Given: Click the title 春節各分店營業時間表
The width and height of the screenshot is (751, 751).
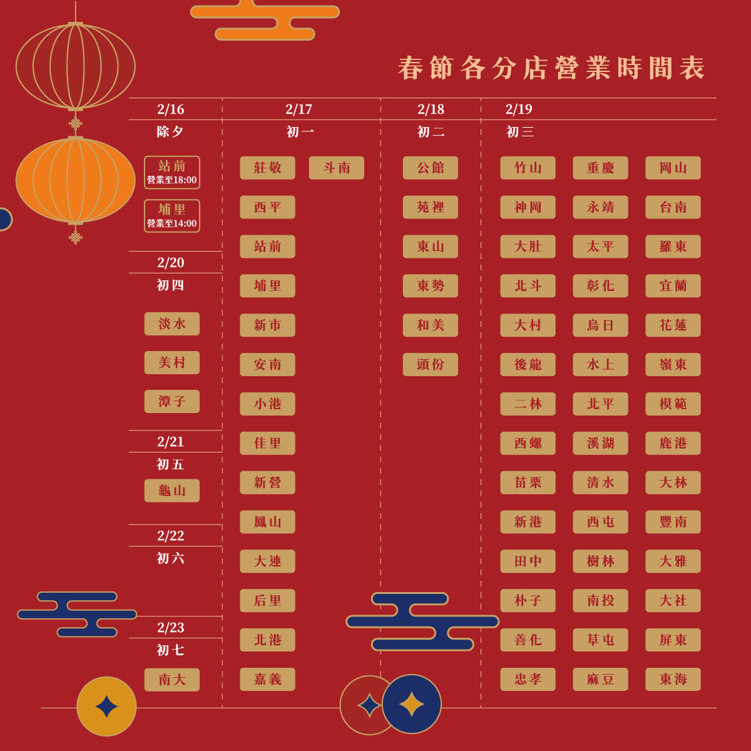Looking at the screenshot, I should pyautogui.click(x=551, y=68).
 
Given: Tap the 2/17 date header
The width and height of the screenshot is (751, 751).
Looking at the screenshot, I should pyautogui.click(x=299, y=110).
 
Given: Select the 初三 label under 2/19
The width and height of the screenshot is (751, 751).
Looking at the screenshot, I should pyautogui.click(x=520, y=132).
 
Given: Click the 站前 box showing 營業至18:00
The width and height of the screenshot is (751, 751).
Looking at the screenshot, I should pyautogui.click(x=172, y=172).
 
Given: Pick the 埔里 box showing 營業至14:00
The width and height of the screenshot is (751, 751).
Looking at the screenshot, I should pyautogui.click(x=172, y=215).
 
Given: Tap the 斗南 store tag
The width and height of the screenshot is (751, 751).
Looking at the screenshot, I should pyautogui.click(x=337, y=168).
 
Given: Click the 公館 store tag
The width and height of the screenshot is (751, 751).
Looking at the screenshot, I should pyautogui.click(x=431, y=168).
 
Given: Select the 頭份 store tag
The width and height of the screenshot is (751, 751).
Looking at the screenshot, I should pyautogui.click(x=431, y=364).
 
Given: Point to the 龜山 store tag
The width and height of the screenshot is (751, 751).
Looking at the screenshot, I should pyautogui.click(x=172, y=491).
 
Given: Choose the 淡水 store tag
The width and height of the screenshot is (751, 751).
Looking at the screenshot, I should pyautogui.click(x=172, y=324).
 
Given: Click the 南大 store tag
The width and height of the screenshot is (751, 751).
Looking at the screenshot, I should pyautogui.click(x=172, y=680).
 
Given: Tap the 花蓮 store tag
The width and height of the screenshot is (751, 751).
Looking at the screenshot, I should pyautogui.click(x=673, y=325).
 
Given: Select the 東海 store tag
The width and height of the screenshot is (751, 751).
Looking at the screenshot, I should pyautogui.click(x=673, y=680).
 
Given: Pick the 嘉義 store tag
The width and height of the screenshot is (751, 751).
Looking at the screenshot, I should pyautogui.click(x=267, y=680).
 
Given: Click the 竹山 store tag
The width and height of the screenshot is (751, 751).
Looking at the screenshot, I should pyautogui.click(x=528, y=168).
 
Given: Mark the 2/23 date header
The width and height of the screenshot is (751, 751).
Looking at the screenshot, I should pyautogui.click(x=171, y=628).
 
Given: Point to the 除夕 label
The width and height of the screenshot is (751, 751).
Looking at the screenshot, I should pyautogui.click(x=170, y=132).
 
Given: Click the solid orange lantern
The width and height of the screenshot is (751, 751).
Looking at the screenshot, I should pyautogui.click(x=76, y=180).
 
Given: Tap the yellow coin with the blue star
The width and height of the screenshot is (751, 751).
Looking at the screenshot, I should pyautogui.click(x=106, y=707).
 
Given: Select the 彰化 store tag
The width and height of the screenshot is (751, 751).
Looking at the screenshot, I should pyautogui.click(x=600, y=286).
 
